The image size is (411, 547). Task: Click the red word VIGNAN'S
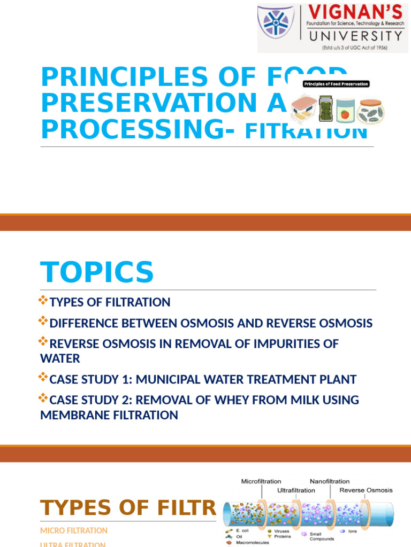pos(355,12)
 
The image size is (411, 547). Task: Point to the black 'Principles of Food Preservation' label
pos(336,84)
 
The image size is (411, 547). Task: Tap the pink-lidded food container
pos(303,110)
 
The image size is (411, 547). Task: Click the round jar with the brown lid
pos(371,111)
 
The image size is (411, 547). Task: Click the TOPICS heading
pos(97,272)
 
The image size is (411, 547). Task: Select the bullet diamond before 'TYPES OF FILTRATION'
pos(43,301)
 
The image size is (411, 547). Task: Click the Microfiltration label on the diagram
pos(261,481)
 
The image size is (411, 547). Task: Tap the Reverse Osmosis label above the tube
pos(366,490)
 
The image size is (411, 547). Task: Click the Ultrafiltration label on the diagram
pos(296,490)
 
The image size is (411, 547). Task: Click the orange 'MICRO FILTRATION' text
pos(74,530)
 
